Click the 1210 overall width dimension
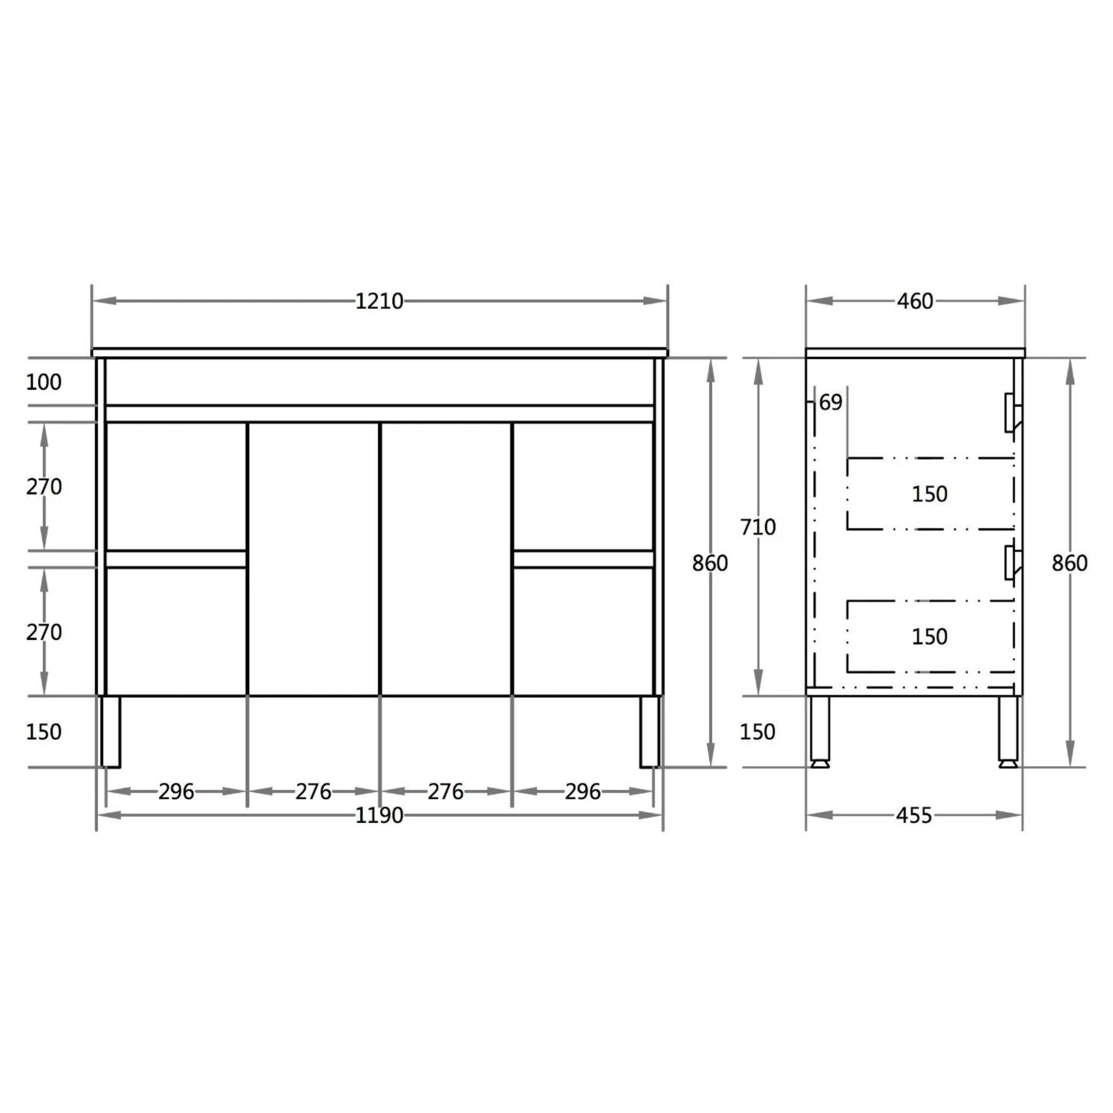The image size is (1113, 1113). coord(379,301)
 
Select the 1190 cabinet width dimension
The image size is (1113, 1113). coord(379,815)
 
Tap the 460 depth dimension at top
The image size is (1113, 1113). coord(915,301)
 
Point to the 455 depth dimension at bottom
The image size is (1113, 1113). coord(914,815)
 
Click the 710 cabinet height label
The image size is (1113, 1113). coord(758,527)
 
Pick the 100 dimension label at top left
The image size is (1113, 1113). coord(44,382)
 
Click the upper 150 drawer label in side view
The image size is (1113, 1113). coord(929,493)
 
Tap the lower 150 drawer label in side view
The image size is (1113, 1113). coord(929,636)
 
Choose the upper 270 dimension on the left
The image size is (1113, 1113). coord(44,487)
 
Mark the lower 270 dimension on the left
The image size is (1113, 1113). coord(44,633)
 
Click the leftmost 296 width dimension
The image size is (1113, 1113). coord(176,791)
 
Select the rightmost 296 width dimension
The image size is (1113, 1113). coord(583,791)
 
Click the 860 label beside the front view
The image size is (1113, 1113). coord(710,563)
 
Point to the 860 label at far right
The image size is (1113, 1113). coord(1069,563)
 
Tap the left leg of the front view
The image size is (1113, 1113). coord(111,731)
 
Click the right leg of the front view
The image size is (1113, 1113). coord(649,731)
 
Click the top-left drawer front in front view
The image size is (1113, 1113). coord(176,487)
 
